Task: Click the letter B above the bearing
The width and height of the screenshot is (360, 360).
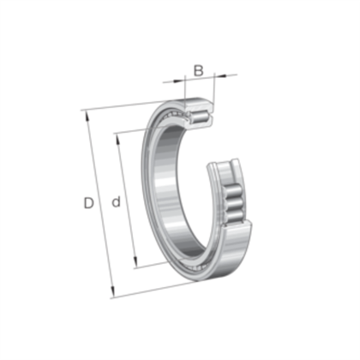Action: click(x=198, y=69)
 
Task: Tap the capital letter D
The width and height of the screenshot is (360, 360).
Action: click(x=87, y=203)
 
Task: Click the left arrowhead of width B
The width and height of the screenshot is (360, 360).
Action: click(x=183, y=81)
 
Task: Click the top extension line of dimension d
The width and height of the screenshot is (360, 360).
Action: click(x=137, y=129)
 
